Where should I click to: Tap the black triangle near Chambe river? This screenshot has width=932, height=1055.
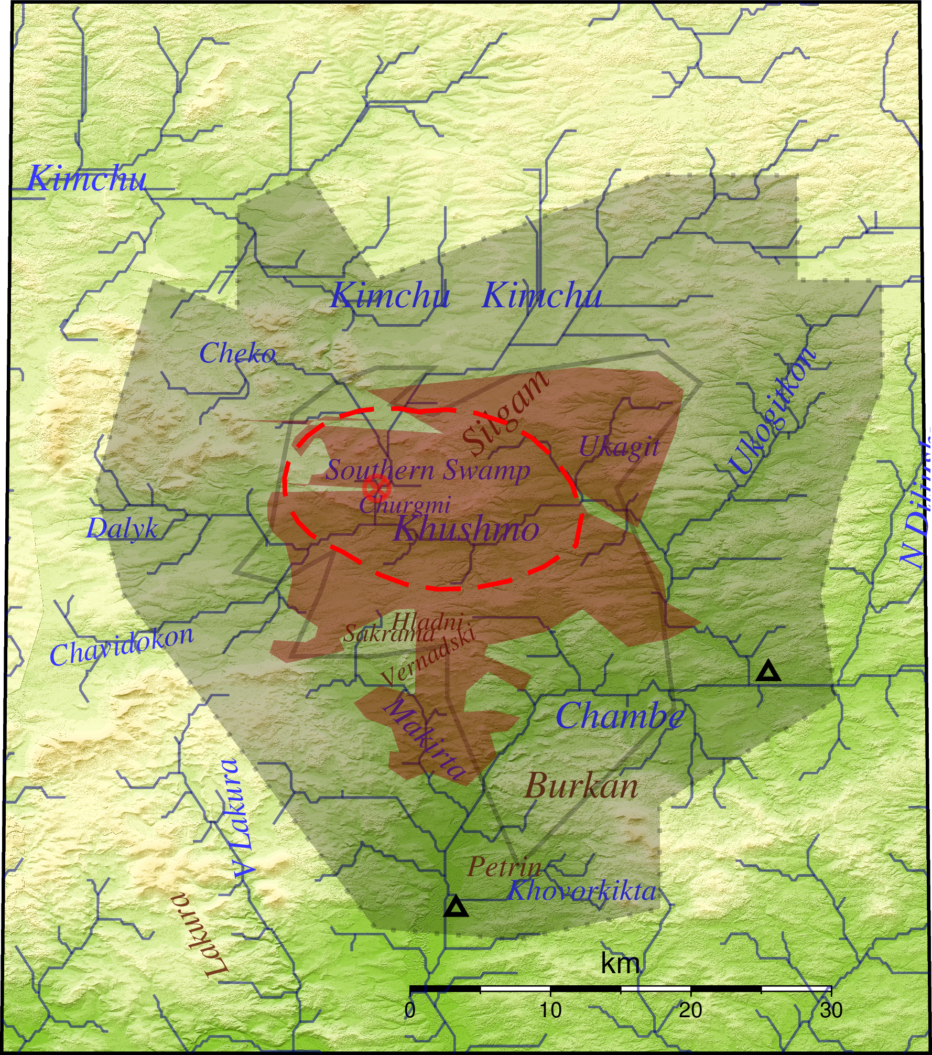[x=768, y=672]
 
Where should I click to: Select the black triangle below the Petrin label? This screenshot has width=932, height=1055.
[x=456, y=907]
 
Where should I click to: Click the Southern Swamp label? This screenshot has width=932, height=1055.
[x=428, y=470]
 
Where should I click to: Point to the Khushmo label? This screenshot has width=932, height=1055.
[x=467, y=529]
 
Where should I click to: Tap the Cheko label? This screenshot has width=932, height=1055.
[x=237, y=353]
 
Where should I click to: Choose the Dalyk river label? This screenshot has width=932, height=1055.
[x=122, y=527]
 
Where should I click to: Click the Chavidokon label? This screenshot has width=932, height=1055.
[x=122, y=646]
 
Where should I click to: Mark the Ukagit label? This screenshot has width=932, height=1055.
[x=619, y=447]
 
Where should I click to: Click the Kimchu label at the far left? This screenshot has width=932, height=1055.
[x=86, y=178]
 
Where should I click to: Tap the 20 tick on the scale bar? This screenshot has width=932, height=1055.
[x=690, y=1010]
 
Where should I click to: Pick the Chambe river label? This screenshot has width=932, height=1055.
[x=620, y=716]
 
